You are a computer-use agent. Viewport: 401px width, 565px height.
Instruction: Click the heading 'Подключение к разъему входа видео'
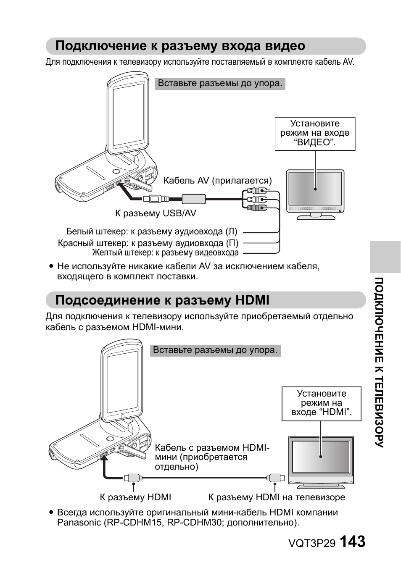click(x=180, y=45)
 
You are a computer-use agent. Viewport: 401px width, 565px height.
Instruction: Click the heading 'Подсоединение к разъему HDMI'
click(x=162, y=300)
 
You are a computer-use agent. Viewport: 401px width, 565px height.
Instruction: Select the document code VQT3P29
click(x=311, y=543)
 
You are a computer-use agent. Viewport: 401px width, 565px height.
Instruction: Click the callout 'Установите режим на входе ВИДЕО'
click(x=315, y=133)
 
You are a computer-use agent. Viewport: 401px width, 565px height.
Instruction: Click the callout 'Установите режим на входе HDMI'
click(x=321, y=403)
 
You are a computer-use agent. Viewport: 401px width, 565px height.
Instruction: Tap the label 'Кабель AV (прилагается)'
click(x=217, y=181)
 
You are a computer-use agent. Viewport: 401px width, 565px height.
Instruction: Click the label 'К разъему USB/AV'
click(x=156, y=213)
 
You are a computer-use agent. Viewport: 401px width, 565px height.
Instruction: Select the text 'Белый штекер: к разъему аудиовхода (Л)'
click(x=151, y=231)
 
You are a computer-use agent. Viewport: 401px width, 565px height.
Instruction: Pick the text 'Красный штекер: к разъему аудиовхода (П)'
click(x=148, y=243)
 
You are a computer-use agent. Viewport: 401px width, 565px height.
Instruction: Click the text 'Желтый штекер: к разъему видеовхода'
click(x=165, y=253)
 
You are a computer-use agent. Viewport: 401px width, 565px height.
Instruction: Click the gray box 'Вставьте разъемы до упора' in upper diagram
click(x=220, y=84)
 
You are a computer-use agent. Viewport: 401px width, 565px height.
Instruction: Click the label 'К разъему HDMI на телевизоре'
click(x=277, y=497)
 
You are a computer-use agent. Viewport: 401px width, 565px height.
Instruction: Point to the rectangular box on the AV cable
click(x=193, y=198)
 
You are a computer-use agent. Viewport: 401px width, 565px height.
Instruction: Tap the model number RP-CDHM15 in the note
click(x=133, y=523)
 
